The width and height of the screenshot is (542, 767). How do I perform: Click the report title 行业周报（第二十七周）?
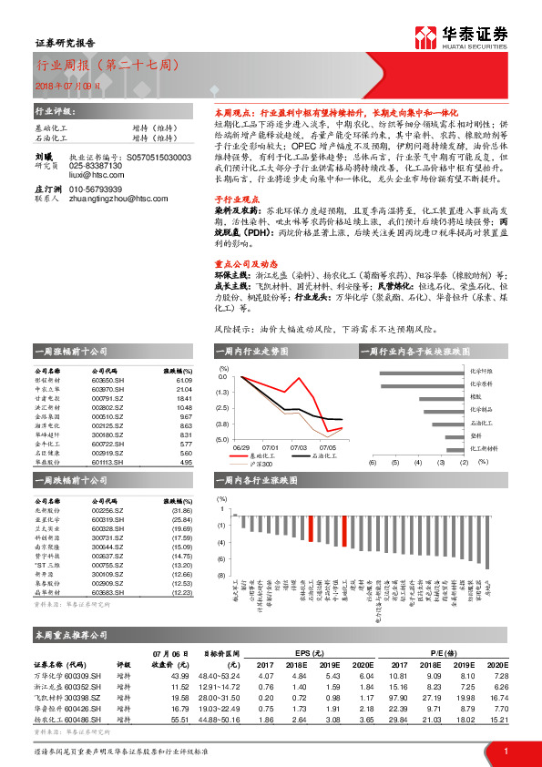(107, 66)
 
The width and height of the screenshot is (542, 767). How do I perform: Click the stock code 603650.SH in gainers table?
(109, 382)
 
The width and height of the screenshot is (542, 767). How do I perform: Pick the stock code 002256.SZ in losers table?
(109, 511)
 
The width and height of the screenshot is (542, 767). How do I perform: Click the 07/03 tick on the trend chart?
(298, 447)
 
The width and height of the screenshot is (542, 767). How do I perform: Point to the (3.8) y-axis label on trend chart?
(221, 424)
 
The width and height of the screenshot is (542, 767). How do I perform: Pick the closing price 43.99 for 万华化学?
(179, 675)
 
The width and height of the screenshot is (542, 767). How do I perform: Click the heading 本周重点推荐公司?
(71, 633)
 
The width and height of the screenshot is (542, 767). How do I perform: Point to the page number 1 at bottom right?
(506, 751)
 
